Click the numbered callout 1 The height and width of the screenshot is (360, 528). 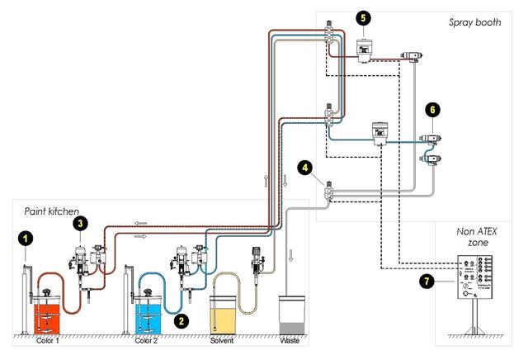(26, 239)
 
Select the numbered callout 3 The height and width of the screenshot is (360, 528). (79, 223)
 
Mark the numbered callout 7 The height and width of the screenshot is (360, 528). (425, 282)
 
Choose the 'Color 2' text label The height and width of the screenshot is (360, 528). (147, 340)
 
